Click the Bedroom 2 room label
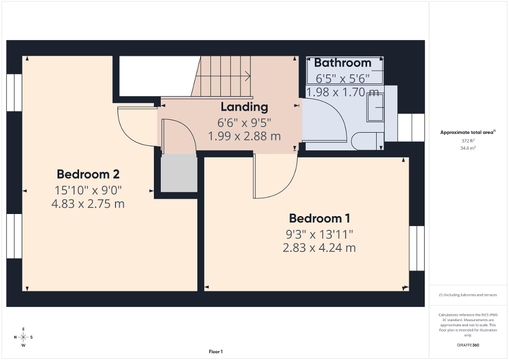88,174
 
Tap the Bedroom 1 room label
319,218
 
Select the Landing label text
244,107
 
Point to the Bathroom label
343,63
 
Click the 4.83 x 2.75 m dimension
88,203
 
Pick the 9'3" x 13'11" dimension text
319,233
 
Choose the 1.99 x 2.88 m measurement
244,136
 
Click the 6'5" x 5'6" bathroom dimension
342,79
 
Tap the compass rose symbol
23,337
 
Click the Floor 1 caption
215,352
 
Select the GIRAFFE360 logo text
468,345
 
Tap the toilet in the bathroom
369,141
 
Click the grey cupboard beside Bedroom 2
178,173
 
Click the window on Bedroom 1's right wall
417,248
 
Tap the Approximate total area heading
467,132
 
